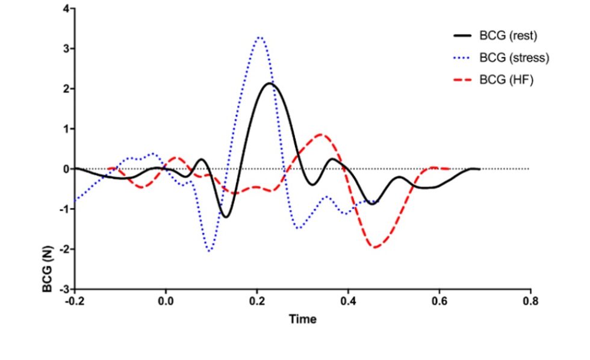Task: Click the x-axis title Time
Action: [302, 319]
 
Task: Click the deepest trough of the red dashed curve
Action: [376, 247]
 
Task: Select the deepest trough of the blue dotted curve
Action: [209, 250]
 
